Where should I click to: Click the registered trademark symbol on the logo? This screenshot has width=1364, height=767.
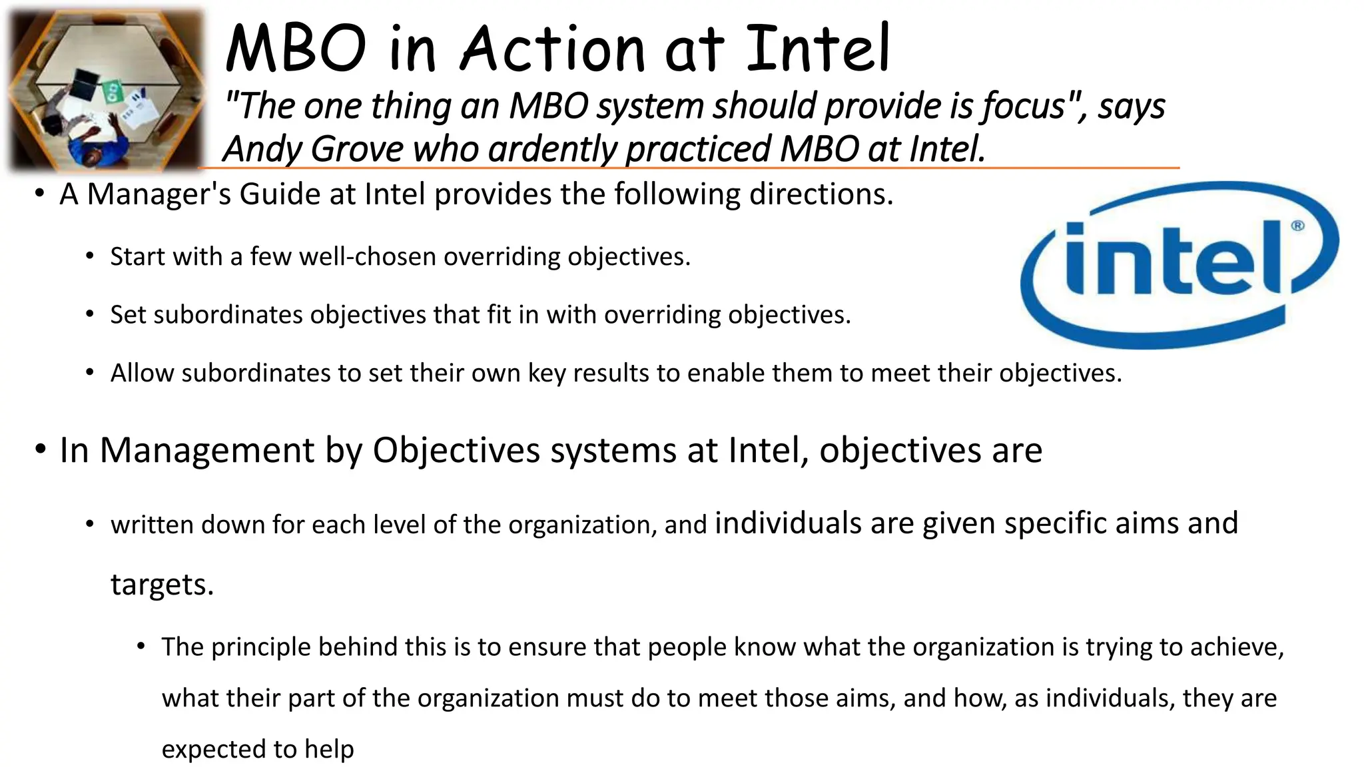(x=1297, y=226)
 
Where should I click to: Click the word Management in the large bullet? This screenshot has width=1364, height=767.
(x=206, y=450)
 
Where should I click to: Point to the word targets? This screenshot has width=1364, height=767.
(x=161, y=585)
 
